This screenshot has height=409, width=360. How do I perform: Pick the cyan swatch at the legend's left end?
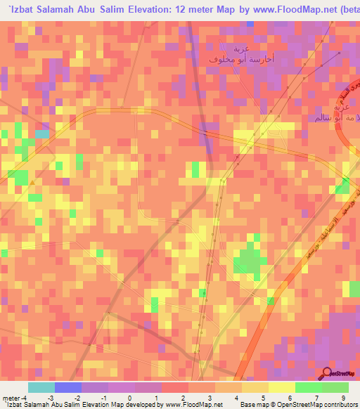tap(41, 387)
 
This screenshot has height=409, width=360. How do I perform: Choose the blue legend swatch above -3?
tap(68, 387)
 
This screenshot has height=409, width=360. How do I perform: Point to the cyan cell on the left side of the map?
tap(42, 134)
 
